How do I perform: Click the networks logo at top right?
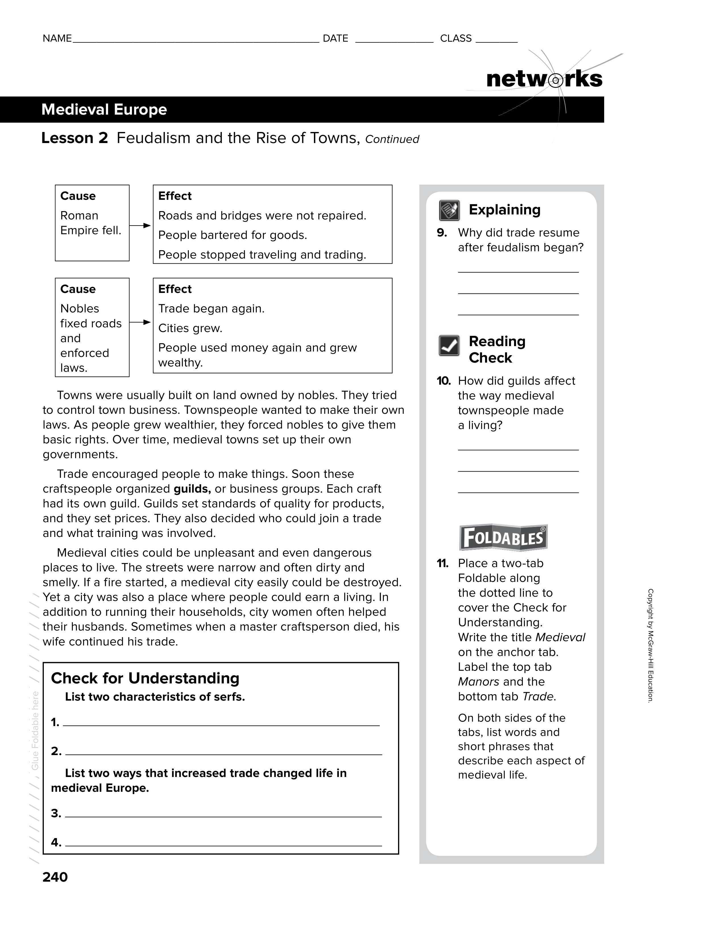(x=544, y=79)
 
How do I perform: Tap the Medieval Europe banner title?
(x=104, y=109)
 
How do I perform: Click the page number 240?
(x=55, y=877)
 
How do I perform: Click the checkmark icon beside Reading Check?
(x=449, y=346)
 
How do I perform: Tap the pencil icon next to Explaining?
(x=449, y=210)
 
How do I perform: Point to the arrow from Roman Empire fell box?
(x=140, y=226)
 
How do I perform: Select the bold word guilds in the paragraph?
(x=192, y=489)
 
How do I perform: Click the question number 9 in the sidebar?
(x=442, y=233)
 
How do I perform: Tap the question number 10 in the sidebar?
(x=444, y=381)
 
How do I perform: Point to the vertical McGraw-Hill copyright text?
(x=650, y=646)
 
